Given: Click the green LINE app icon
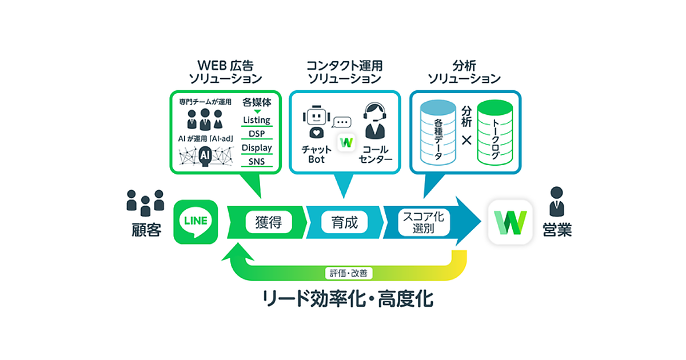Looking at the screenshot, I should pyautogui.click(x=196, y=222).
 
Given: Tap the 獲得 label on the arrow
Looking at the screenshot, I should pyautogui.click(x=269, y=222).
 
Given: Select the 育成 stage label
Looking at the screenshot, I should pyautogui.click(x=344, y=222).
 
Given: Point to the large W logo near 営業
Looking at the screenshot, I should pyautogui.click(x=510, y=222).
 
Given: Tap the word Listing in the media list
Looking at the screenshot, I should pyautogui.click(x=257, y=120).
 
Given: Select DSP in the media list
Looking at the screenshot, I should pyautogui.click(x=257, y=134).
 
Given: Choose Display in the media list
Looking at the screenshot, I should pyautogui.click(x=257, y=147).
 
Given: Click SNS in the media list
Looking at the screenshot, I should pyautogui.click(x=257, y=162).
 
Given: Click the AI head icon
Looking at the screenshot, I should pyautogui.click(x=204, y=155).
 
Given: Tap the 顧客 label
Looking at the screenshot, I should pyautogui.click(x=145, y=230).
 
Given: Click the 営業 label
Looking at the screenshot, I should pyautogui.click(x=557, y=230).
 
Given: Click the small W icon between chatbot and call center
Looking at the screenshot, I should pyautogui.click(x=345, y=142).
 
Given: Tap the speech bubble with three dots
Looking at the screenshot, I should pyautogui.click(x=342, y=122).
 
